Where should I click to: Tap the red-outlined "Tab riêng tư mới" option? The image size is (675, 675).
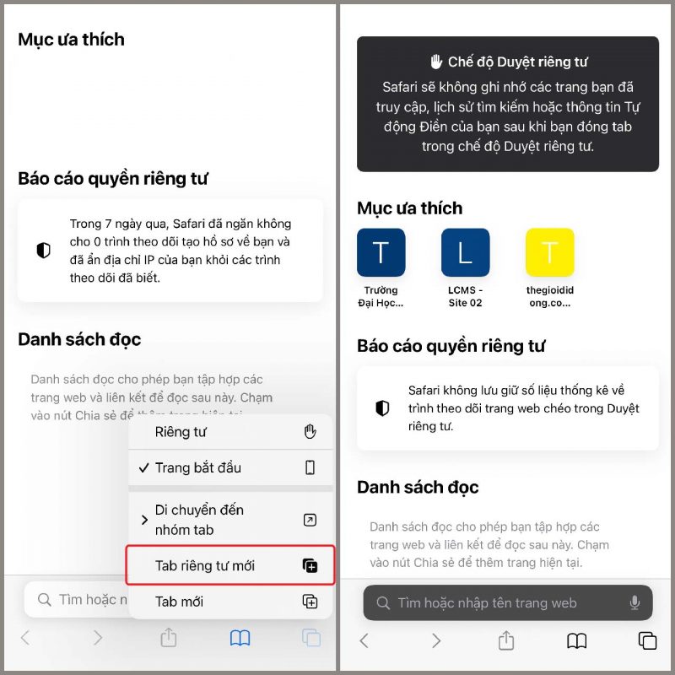click(x=230, y=565)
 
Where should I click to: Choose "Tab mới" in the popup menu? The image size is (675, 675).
click(x=179, y=602)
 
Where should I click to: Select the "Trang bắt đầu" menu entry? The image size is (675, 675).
click(x=197, y=467)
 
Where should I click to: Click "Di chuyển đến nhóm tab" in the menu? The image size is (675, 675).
click(x=199, y=520)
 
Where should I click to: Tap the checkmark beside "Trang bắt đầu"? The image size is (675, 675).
click(x=143, y=467)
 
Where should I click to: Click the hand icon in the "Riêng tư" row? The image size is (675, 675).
click(x=310, y=432)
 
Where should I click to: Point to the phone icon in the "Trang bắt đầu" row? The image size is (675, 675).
click(x=310, y=467)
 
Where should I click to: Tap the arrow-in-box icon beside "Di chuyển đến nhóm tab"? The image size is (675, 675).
click(x=310, y=520)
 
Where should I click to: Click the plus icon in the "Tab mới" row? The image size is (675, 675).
click(x=310, y=602)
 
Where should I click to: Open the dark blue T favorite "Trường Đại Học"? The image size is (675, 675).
click(x=381, y=252)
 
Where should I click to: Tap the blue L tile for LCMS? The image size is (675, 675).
click(x=465, y=252)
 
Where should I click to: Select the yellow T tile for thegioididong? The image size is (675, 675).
click(x=549, y=252)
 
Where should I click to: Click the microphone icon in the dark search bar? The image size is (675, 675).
click(x=634, y=602)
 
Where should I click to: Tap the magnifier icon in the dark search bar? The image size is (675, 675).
click(x=383, y=603)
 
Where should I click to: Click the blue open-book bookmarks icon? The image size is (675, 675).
click(x=240, y=639)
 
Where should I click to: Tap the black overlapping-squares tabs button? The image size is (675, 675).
click(x=647, y=640)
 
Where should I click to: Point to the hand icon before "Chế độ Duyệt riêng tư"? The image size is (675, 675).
click(x=436, y=62)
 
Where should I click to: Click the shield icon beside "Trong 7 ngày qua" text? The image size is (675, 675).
click(x=43, y=251)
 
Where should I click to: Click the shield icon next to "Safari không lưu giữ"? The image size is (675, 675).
click(x=382, y=408)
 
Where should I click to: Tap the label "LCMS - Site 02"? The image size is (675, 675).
click(x=465, y=296)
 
